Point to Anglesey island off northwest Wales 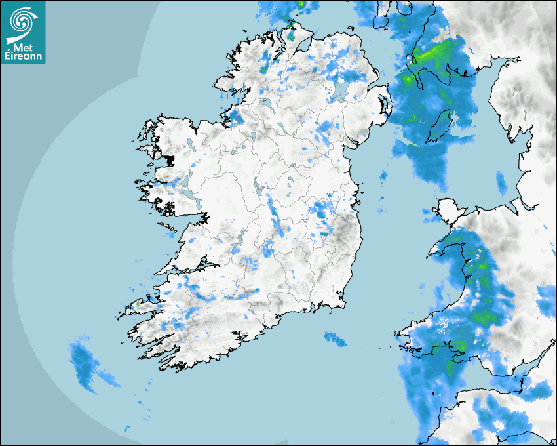tap(447, 211)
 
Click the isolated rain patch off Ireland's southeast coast tap(335, 338)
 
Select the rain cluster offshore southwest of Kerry tap(84, 363)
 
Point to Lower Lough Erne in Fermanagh tap(266, 104)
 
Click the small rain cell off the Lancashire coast tap(501, 183)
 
